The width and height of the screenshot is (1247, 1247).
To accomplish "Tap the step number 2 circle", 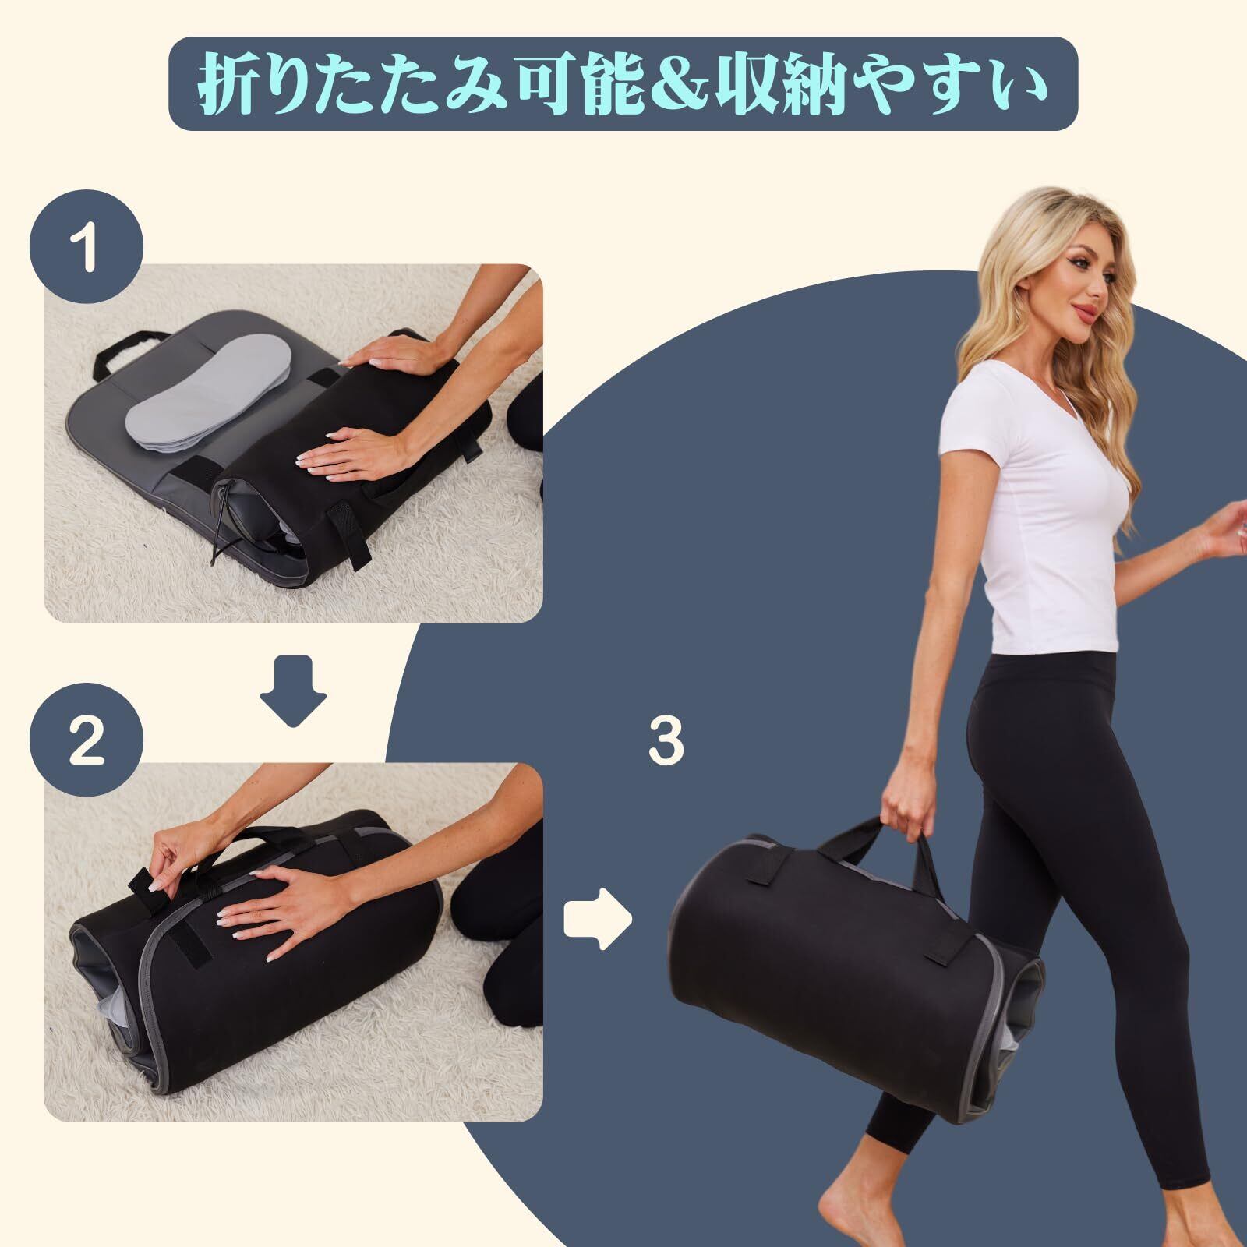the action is [87, 741].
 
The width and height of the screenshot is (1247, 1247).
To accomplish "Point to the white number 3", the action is [666, 741].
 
